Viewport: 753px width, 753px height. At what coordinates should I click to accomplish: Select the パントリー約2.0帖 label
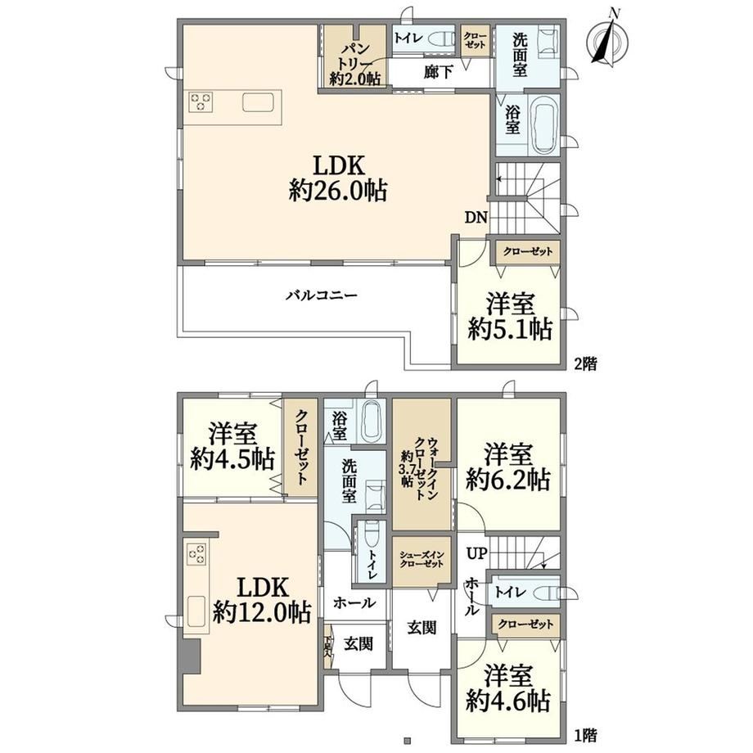pos(354,64)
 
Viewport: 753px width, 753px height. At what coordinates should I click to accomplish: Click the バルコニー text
pos(322,295)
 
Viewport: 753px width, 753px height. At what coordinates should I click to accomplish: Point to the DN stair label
pos(476,218)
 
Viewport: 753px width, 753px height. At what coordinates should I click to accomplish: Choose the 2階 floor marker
pos(586,363)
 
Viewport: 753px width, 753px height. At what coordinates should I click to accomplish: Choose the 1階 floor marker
pos(586,734)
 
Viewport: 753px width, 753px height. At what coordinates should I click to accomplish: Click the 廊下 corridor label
pos(438,72)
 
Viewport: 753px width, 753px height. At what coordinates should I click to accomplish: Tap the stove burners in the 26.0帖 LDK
pos(201,101)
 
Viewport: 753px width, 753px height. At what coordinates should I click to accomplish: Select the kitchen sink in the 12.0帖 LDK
pos(196,611)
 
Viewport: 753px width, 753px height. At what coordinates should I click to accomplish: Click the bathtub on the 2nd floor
pos(544,123)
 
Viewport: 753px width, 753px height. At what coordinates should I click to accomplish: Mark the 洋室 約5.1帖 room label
pos(510,317)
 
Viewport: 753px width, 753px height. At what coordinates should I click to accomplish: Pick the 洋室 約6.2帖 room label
pos(508,467)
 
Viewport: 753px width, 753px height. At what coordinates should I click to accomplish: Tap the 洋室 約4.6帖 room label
pos(508,688)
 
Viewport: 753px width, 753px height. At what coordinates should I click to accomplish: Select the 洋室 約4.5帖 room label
pos(232,447)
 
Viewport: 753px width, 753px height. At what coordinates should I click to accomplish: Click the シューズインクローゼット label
pos(422,560)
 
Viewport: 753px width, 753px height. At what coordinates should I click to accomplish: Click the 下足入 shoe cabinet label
pos(328,647)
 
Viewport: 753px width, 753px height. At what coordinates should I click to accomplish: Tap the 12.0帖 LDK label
pos(262,600)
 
